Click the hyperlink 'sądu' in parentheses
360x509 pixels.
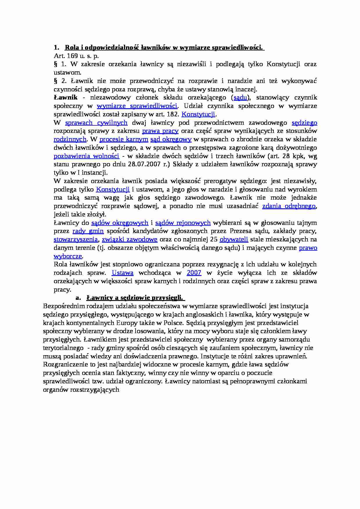click(240, 98)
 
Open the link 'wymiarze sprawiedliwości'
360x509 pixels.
click(137, 106)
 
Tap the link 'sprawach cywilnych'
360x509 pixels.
click(96, 123)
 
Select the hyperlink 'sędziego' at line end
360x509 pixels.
click(304, 123)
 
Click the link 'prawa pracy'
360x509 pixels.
click(160, 131)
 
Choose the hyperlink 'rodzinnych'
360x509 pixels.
click(70, 139)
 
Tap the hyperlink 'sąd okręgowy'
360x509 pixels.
click(171, 139)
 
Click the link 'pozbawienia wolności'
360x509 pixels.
click(87, 156)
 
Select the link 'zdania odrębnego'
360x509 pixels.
click(289, 206)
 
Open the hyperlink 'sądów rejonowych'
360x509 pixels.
click(183, 223)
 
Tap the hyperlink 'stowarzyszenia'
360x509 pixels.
click(76, 239)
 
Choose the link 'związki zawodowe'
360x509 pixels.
click(129, 239)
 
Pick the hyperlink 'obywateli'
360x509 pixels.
click(234, 239)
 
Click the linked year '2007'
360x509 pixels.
click(194, 273)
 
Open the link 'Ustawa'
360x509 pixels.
click(123, 273)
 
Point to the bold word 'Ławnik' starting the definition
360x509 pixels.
click(66, 98)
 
